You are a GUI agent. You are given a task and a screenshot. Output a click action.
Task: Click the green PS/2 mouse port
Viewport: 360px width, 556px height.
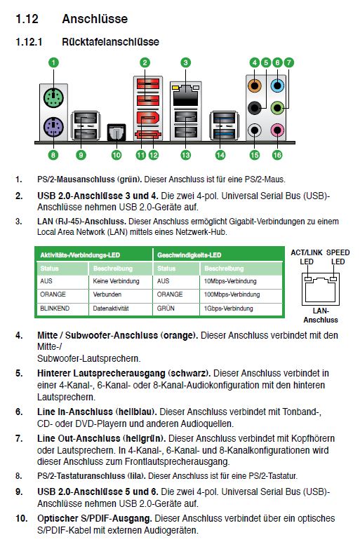tap(53, 97)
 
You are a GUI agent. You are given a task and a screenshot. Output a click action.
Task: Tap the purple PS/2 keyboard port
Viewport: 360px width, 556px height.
tap(53, 128)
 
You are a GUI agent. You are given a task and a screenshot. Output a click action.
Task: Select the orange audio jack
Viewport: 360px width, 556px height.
tap(255, 86)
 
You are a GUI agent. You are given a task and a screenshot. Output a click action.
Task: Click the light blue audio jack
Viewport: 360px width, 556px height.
tap(278, 86)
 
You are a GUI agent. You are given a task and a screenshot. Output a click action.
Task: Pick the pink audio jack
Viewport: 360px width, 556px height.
tap(278, 130)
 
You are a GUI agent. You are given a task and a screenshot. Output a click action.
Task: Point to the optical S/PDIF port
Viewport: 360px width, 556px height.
tap(116, 132)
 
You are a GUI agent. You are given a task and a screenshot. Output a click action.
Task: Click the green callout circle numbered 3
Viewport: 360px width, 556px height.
tap(186, 63)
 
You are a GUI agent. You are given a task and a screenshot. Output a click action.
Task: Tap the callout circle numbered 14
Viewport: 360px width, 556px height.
tap(220, 155)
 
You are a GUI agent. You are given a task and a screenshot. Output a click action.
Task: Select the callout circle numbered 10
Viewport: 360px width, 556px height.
tap(116, 155)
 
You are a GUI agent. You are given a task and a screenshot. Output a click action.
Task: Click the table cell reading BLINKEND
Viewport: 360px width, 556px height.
tap(55, 308)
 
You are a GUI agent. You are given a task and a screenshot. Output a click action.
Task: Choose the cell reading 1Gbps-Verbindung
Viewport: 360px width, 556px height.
tap(228, 308)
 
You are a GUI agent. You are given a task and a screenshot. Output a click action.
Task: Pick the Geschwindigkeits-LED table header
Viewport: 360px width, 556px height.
tap(189, 255)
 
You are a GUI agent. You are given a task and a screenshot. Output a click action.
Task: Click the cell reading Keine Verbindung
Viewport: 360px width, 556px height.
tap(116, 281)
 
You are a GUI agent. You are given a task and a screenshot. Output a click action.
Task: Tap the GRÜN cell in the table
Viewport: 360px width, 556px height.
tap(166, 308)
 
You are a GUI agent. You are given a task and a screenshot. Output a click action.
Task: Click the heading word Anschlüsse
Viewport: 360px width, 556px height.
tap(95, 19)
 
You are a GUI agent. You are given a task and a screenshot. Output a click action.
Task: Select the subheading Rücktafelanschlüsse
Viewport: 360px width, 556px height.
tap(110, 42)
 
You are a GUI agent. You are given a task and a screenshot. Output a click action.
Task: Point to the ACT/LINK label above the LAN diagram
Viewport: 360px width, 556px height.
tap(307, 252)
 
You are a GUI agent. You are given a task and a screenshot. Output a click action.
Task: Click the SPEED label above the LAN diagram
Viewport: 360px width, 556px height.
tap(338, 252)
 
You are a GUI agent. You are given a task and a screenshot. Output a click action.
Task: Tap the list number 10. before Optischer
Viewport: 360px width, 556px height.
tap(22, 518)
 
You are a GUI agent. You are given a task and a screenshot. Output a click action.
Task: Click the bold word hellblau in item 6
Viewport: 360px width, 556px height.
tap(136, 412)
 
